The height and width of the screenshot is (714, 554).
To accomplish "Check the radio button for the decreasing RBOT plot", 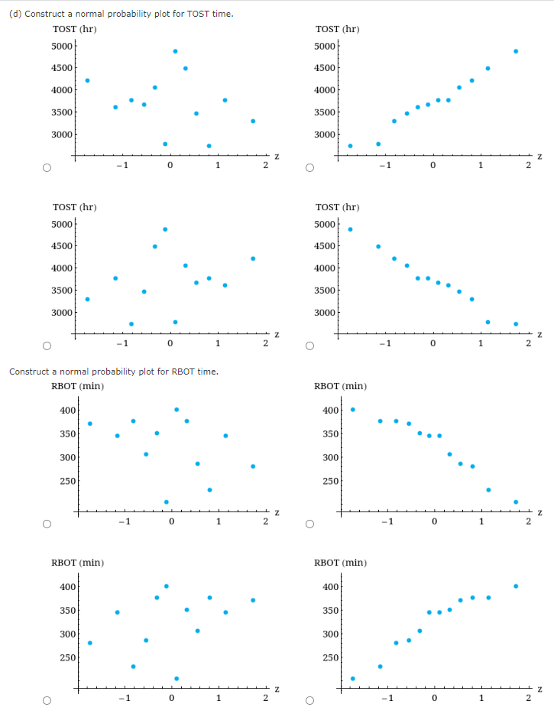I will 309,524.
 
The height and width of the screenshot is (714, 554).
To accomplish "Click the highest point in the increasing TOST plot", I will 516,51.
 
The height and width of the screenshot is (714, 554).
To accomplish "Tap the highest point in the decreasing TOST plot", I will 351,229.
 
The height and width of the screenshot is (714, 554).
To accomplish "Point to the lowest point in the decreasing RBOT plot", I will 516,502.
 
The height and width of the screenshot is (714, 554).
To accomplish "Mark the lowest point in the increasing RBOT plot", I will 352,678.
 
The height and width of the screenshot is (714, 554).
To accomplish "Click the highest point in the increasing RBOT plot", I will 516,586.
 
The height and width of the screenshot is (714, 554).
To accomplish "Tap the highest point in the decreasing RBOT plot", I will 352,410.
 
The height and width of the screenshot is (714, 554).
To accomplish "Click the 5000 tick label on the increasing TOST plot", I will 326,45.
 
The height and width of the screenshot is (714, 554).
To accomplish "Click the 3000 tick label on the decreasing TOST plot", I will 326,313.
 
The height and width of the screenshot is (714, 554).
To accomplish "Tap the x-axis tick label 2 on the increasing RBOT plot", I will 527,698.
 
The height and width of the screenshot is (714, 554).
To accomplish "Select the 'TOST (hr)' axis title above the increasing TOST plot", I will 337,29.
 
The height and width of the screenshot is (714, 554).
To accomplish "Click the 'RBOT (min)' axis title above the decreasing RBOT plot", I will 340,386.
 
